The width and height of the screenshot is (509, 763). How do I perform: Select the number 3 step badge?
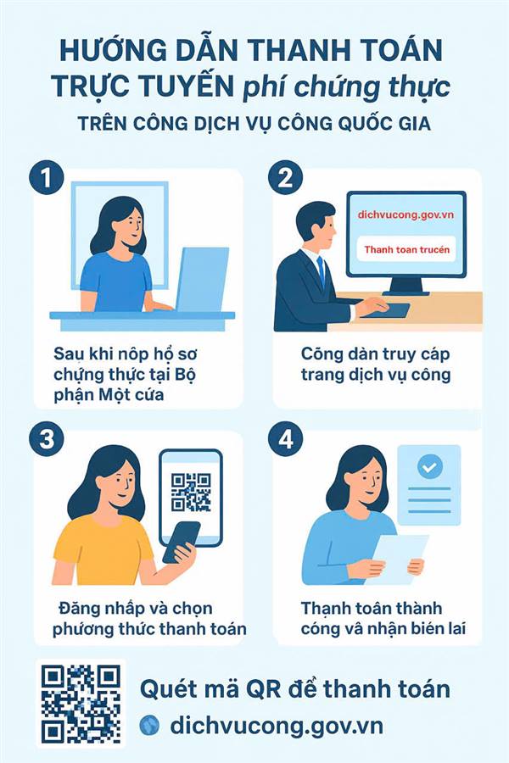point(47,439)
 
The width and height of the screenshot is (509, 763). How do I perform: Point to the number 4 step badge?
point(286,439)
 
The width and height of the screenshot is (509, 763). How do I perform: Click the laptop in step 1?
point(202,279)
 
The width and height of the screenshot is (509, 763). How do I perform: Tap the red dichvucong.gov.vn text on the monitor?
point(406,214)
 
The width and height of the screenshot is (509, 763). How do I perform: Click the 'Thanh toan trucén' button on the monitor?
point(406,249)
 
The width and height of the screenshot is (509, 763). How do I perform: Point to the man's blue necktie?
point(321,271)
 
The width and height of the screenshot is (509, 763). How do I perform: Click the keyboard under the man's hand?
point(386,310)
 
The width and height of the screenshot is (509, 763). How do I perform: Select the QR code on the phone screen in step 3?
point(191,492)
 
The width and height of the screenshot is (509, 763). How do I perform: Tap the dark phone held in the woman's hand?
point(182,542)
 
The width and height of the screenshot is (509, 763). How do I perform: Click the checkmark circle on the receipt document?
point(429,467)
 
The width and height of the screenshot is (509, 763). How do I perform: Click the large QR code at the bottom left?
point(81,704)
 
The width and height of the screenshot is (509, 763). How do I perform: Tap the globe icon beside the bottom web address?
point(149,726)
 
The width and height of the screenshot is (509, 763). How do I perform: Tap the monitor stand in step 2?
point(406,287)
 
